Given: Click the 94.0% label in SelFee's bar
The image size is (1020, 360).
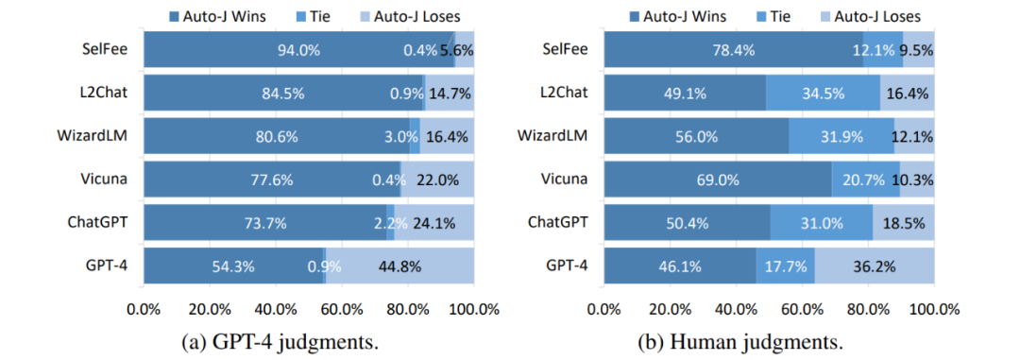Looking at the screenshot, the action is pos(297,49).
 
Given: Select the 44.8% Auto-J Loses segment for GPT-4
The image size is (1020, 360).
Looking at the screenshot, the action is pos(400,266).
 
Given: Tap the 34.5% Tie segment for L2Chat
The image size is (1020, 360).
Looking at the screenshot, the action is pos(823,93).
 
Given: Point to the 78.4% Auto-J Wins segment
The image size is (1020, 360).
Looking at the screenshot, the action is pos(734,49).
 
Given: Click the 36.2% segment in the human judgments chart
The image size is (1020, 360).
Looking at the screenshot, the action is pos(875,266).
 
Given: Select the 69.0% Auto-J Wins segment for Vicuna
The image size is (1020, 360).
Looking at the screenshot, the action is pos(718,179).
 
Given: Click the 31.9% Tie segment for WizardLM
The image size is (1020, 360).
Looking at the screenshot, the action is pos(841,136).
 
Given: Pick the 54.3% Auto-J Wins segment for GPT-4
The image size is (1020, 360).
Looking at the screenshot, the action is pos(233,266).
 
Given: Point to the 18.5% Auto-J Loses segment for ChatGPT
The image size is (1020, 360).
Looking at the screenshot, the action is pos(904,223).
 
